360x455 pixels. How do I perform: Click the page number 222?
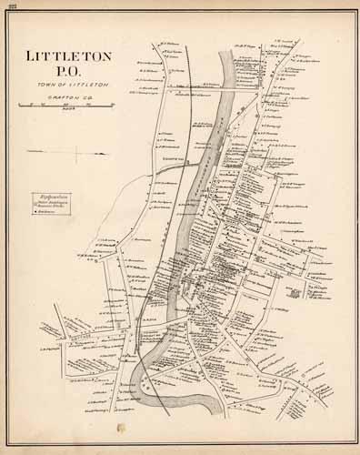pos(12,5)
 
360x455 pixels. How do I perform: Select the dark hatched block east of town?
pos(295,293)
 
